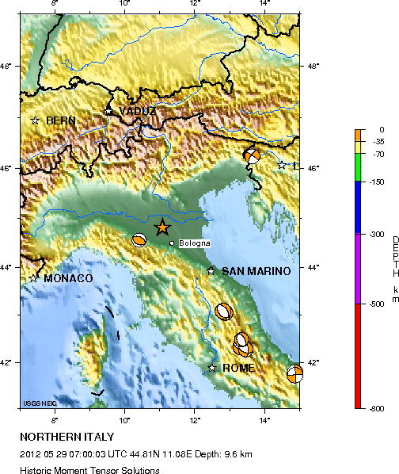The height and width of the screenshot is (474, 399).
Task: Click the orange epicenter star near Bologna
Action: coord(162,228)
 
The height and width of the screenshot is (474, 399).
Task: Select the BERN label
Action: coord(61,120)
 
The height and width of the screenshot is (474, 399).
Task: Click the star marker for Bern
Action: coord(35,120)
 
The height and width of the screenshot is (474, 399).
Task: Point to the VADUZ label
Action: coord(137,111)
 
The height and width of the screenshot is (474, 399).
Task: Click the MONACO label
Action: coord(68,278)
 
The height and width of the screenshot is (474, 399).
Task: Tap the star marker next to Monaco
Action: coord(34,278)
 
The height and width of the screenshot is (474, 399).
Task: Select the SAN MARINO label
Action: coord(256,271)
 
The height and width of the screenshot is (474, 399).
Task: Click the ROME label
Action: coord(238,369)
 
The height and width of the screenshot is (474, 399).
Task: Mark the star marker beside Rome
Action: coord(211,368)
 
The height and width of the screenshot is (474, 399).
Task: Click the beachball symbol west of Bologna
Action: coord(139,241)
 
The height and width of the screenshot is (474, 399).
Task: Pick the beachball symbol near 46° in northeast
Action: coord(253,156)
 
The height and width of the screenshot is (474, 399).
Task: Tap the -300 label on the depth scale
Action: coord(376,235)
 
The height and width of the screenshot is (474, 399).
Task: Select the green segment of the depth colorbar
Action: coord(359,167)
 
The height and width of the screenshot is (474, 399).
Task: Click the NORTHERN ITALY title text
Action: coord(67,437)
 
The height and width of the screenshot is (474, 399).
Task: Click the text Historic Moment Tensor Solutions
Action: coord(89,470)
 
